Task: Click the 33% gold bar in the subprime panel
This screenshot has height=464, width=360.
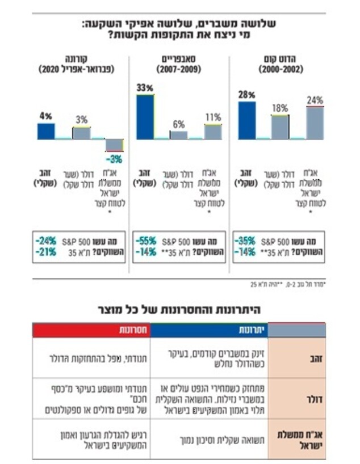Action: click(145, 116)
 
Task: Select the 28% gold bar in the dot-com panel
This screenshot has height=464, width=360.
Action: click(246, 120)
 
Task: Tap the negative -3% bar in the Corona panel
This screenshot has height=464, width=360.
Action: click(115, 145)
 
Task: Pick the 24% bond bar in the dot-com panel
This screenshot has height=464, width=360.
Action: click(314, 123)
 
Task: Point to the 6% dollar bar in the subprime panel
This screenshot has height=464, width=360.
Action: click(178, 134)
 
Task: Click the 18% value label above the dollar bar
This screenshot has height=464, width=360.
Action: click(280, 108)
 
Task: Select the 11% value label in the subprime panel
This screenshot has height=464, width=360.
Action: click(213, 117)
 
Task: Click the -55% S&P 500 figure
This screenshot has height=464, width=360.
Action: click(145, 241)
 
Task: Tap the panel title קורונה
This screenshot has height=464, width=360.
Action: click(77, 59)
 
